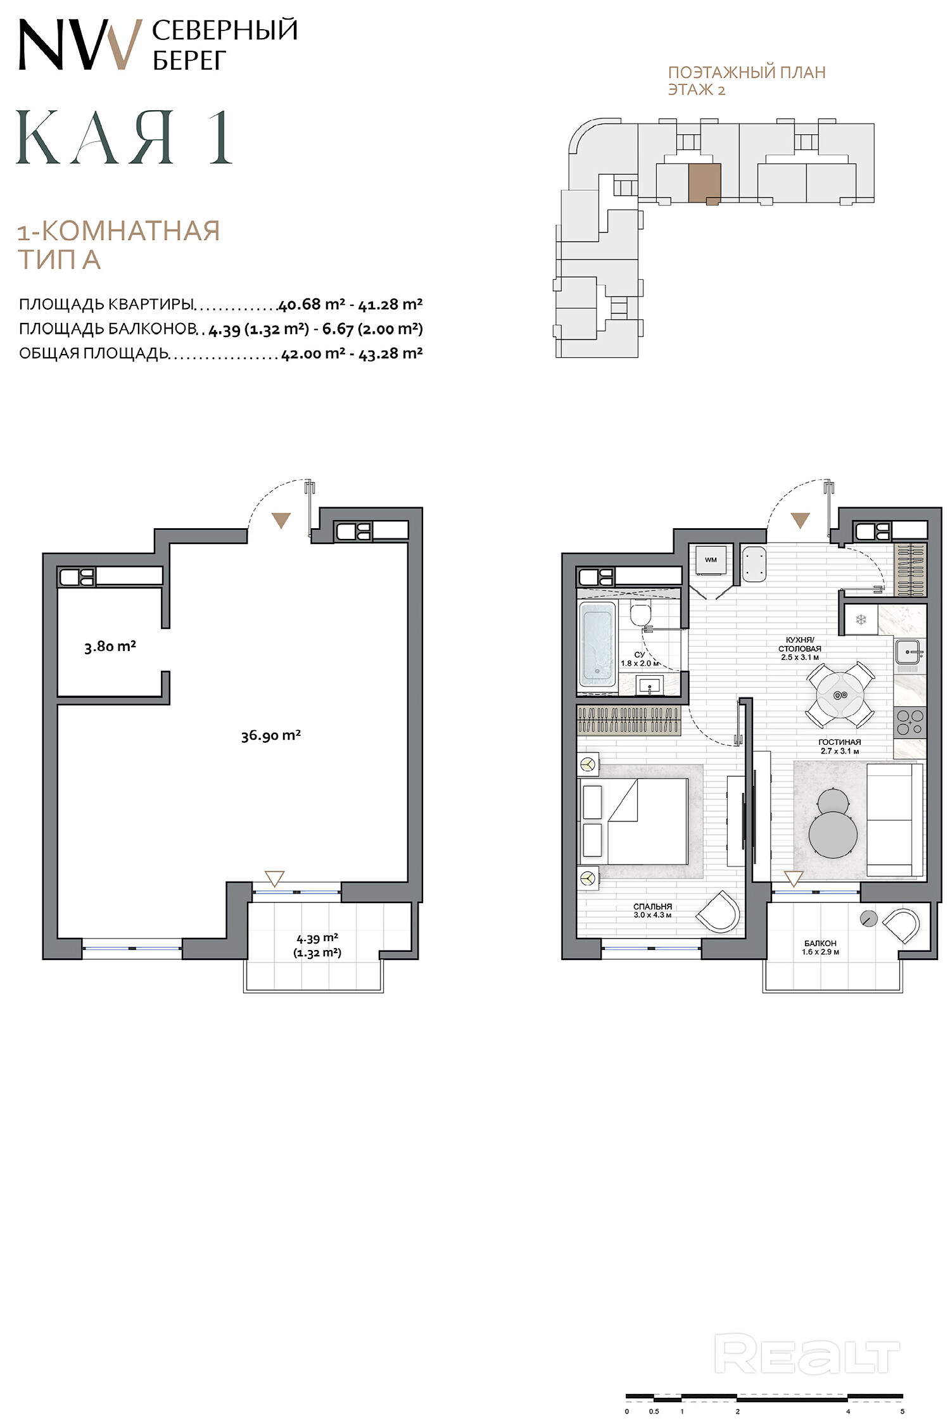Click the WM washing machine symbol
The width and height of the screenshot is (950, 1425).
click(711, 560)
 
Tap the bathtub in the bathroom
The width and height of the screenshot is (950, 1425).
click(597, 645)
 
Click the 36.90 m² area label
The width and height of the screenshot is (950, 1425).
click(270, 735)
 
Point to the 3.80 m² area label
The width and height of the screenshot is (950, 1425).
click(110, 647)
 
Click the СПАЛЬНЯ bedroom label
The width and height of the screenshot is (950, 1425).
click(652, 906)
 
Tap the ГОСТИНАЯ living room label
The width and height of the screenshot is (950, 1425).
click(840, 742)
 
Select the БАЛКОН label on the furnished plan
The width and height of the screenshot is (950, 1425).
click(820, 943)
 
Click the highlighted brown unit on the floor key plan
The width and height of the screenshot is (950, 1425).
click(704, 183)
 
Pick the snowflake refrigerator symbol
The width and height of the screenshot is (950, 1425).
click(861, 619)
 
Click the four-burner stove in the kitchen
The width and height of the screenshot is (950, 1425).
click(910, 723)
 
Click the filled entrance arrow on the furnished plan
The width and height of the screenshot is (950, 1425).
click(801, 520)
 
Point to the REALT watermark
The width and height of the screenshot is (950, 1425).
click(807, 1353)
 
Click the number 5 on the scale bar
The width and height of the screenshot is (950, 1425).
click(902, 1411)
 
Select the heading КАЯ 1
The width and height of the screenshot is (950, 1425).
click(124, 137)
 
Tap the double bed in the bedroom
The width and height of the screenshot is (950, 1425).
click(633, 821)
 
